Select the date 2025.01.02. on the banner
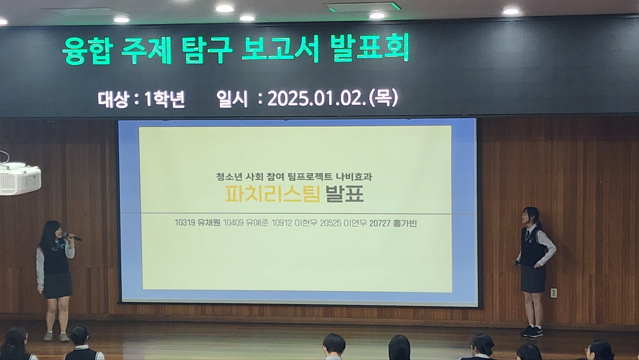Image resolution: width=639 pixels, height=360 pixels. pos(317,99)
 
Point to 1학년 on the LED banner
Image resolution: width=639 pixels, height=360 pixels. pos(165,99)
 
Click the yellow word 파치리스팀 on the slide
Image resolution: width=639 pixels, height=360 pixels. pos(273,194)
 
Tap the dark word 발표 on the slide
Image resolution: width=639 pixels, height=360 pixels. pos(345,194)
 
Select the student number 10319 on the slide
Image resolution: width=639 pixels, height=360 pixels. pos(185,223)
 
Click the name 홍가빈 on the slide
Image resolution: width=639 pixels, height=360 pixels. pos(405,223)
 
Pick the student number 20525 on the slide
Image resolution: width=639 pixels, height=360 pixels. pos(330,223)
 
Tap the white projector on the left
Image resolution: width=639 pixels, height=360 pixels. pos(20,179)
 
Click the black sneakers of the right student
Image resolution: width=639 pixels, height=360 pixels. pos(533,332)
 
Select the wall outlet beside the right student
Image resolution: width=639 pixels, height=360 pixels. pos(554,293)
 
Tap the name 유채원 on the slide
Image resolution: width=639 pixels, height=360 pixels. pos(208,223)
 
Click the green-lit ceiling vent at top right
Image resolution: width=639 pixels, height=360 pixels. pos(362,7)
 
